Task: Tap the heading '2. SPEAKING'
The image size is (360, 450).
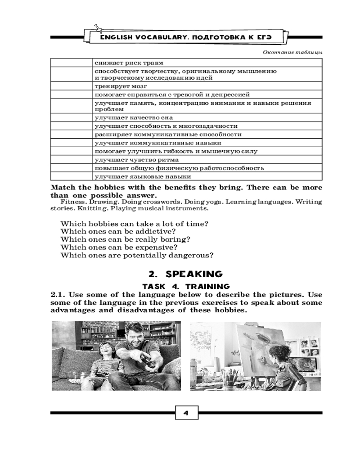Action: [x=185, y=274]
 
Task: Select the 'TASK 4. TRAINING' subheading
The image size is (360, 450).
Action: [x=186, y=286]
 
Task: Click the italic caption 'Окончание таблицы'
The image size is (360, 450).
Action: [x=293, y=52]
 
